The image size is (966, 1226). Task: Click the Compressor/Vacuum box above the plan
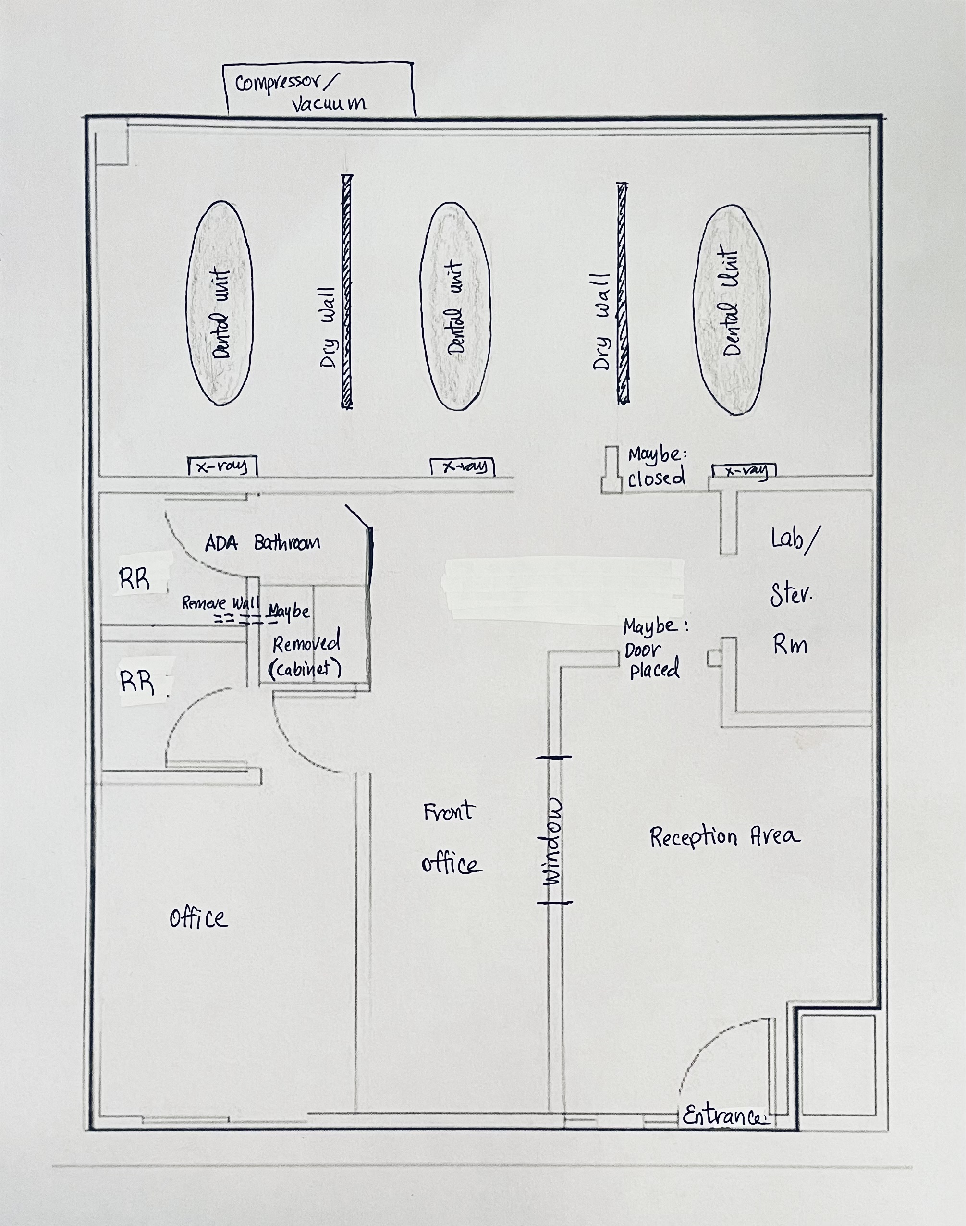coord(319,89)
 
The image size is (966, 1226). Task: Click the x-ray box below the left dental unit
coord(222,466)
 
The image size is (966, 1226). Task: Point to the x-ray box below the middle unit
coord(462,466)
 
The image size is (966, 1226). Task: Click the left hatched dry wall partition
coord(347,291)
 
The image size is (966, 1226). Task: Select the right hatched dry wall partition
coord(623,293)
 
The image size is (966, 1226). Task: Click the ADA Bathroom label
coord(262,543)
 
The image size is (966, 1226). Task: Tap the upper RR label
coord(135,579)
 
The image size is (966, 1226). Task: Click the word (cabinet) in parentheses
coord(306,669)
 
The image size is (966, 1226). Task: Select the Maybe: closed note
coord(657,466)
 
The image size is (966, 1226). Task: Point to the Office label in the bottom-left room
coord(198,917)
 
